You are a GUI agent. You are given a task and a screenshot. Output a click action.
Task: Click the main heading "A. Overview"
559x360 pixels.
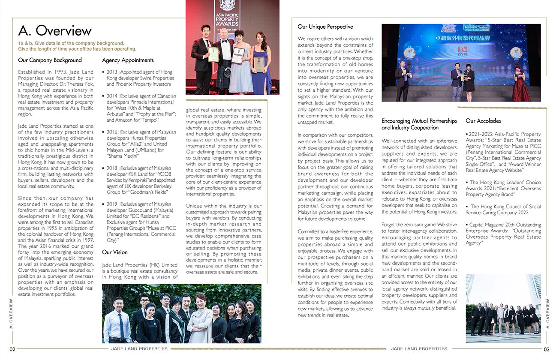55,30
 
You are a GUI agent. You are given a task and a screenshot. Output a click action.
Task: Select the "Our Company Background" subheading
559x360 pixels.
50,60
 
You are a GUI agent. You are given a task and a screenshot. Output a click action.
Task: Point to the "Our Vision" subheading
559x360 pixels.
114,252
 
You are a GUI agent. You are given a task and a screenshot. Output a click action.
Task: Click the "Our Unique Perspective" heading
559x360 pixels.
325,27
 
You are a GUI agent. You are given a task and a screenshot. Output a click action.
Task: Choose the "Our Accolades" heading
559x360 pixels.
483,121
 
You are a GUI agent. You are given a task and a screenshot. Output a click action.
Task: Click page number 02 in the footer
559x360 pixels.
13,349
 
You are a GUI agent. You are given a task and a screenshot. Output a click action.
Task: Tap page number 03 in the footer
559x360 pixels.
546,349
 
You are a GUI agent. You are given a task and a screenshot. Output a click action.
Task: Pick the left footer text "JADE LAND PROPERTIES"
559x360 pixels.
139,349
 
